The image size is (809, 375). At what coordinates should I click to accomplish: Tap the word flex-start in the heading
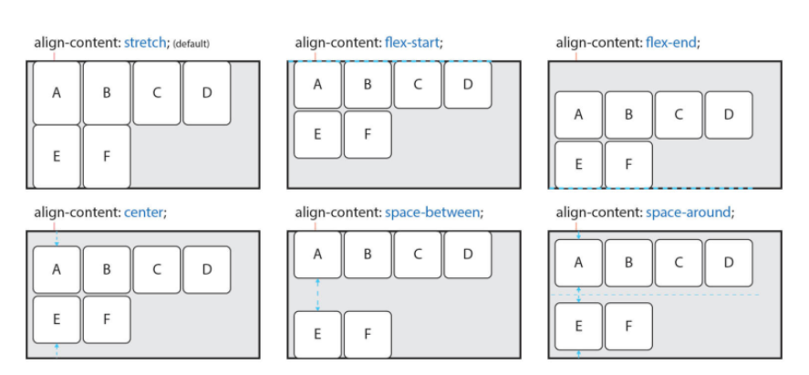point(411,43)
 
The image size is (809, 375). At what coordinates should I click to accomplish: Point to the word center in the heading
point(144,213)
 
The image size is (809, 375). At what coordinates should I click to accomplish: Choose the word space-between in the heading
point(432,213)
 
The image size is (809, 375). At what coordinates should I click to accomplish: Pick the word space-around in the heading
point(690,213)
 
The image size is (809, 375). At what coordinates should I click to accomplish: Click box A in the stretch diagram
point(57,92)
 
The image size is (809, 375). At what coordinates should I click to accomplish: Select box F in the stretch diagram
point(107,156)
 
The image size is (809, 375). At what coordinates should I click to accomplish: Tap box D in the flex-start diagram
point(467,85)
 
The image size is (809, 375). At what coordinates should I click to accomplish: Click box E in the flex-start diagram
point(316,134)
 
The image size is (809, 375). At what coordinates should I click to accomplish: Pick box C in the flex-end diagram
point(679,115)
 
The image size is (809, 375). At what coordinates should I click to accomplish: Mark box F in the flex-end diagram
point(628,164)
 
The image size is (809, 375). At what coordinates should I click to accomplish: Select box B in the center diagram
point(107,269)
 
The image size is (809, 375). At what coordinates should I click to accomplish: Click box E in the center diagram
point(57,318)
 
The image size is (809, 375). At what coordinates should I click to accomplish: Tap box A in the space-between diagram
point(316,255)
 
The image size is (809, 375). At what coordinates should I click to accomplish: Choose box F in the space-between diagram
point(367,334)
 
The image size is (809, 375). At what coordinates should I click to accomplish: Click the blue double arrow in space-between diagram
point(316,295)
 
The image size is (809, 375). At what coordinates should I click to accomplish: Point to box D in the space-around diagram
point(728,263)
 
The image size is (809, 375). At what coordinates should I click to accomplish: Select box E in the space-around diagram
point(578,326)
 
